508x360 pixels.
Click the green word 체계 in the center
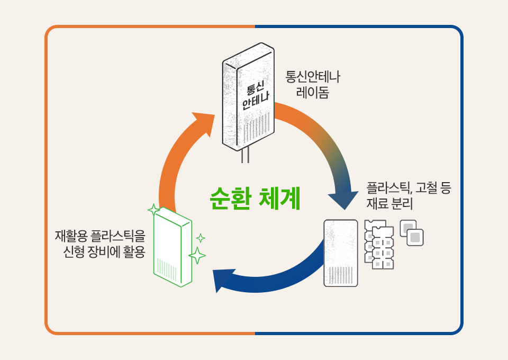click(280, 199)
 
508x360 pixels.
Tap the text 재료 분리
click(389, 204)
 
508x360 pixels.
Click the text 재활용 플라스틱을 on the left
click(99, 235)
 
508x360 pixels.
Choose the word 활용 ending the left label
click(133, 251)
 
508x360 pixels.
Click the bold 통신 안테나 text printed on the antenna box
click(255, 94)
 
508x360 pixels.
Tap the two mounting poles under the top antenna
click(244, 156)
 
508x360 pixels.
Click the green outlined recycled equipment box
click(172, 247)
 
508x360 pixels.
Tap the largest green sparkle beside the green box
click(197, 255)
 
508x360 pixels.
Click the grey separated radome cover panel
click(341, 253)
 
